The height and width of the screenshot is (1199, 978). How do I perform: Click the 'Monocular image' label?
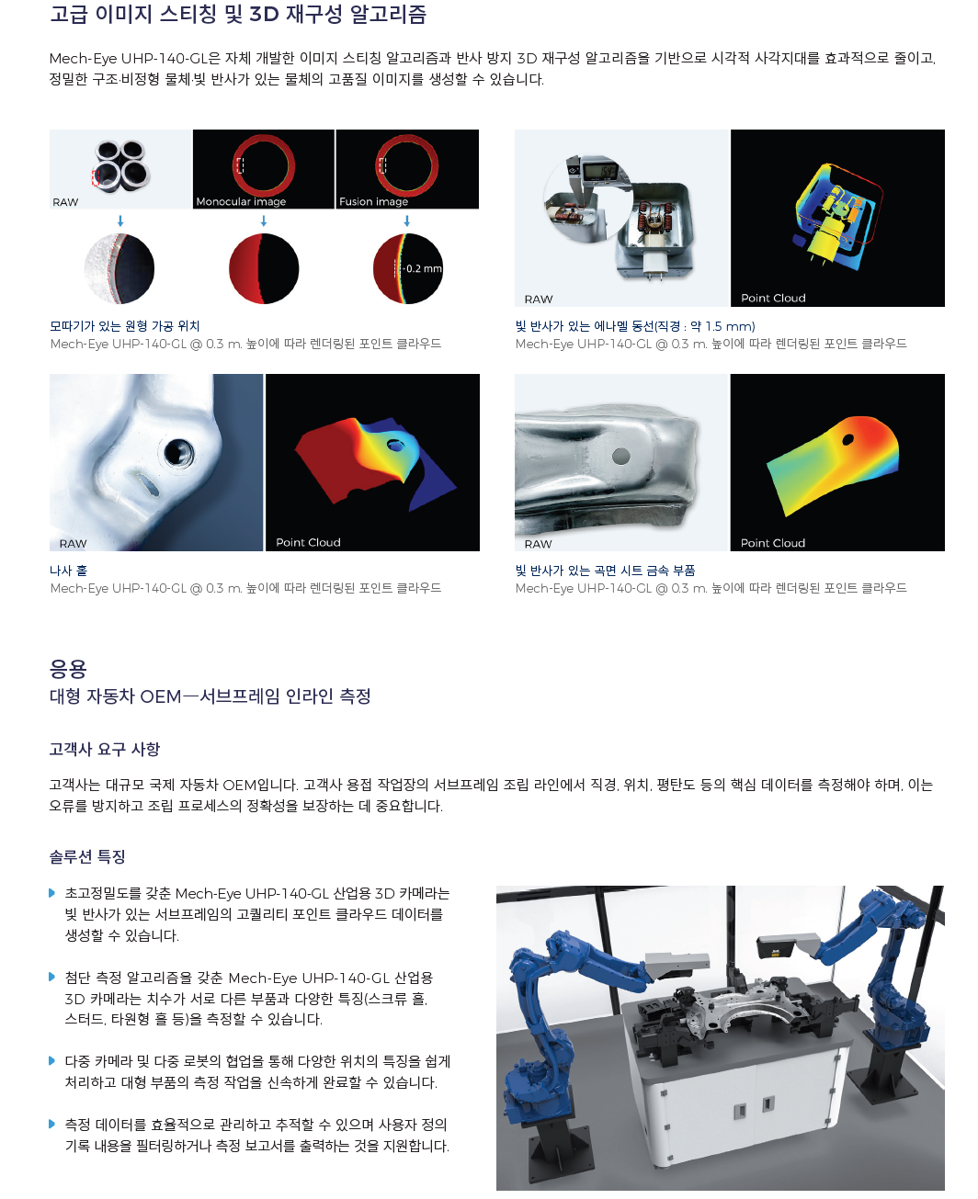[x=241, y=201]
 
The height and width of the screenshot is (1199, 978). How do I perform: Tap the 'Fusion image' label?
[x=373, y=201]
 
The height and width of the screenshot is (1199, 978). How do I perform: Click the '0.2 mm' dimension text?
[x=424, y=268]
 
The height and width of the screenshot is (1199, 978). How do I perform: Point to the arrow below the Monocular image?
[x=264, y=221]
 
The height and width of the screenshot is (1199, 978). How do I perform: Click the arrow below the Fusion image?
[x=406, y=221]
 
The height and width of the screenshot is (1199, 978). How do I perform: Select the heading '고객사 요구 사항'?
[x=105, y=749]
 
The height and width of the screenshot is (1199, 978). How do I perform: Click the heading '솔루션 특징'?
[x=87, y=856]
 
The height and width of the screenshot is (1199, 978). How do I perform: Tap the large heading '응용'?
[x=68, y=669]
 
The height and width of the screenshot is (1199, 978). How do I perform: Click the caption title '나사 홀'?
[x=68, y=571]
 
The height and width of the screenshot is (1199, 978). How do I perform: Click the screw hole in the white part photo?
[x=178, y=453]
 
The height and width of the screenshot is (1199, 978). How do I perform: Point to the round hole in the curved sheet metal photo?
[x=620, y=456]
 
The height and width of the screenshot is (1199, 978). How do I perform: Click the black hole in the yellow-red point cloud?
[x=847, y=439]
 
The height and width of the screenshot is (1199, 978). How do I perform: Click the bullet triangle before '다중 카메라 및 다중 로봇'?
[x=51, y=1060]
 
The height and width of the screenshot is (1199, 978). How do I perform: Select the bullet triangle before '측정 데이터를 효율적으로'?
[x=51, y=1124]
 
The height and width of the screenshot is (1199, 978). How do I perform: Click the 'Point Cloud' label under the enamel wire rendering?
[x=773, y=298]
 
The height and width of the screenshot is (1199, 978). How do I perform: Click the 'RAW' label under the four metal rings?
[x=65, y=202]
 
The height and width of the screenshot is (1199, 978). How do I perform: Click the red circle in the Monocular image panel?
[x=264, y=165]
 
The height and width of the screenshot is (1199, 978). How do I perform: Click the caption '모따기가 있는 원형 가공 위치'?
[x=125, y=326]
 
